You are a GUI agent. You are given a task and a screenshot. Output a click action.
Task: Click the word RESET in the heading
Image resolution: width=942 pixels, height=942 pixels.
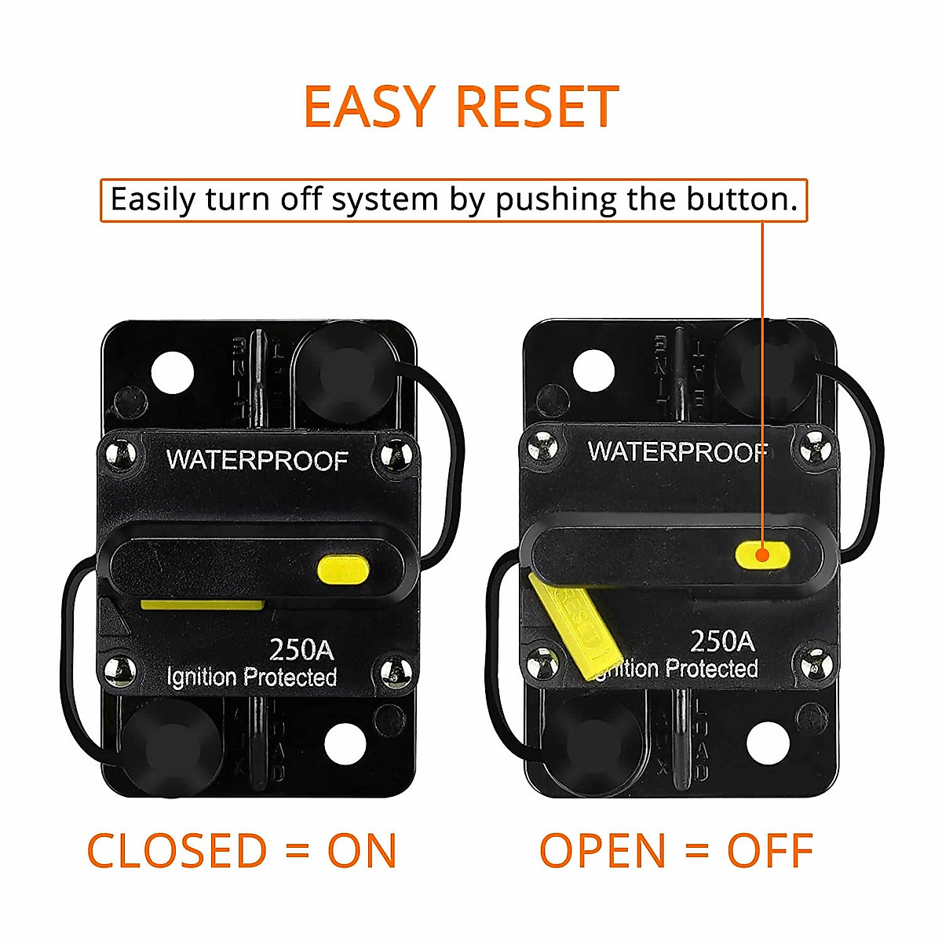coord(538,107)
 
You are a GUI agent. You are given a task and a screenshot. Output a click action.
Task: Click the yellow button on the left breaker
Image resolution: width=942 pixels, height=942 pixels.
coord(343,569)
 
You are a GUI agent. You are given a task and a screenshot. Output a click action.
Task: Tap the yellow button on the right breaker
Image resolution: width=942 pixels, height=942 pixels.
coord(761,554)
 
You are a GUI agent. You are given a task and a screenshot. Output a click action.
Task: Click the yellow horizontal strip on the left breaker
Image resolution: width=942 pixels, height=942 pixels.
coord(202,604)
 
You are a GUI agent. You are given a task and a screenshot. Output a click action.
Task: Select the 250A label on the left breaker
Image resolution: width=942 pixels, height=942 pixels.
coord(301,649)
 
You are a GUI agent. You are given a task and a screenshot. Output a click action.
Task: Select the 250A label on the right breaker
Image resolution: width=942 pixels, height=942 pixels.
coord(722,641)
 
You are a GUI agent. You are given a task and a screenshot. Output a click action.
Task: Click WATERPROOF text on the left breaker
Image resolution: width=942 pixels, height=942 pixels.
coord(257,460)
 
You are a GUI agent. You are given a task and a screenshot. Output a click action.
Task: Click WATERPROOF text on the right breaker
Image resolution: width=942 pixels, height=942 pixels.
coord(677,451)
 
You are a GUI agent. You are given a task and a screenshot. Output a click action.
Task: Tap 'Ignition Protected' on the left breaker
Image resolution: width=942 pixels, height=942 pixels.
coord(252,677)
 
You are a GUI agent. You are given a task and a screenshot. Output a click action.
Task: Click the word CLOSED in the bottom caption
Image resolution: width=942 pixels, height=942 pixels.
coord(177,851)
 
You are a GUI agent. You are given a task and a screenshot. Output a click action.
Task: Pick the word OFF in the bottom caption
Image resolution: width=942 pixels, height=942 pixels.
coord(769,851)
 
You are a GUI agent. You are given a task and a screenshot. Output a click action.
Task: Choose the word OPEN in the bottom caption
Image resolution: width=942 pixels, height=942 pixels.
coord(603,851)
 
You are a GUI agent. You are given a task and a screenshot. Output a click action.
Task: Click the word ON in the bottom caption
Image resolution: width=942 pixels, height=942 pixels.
coord(362,851)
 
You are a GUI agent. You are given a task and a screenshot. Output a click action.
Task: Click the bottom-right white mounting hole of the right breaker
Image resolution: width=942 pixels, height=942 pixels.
coord(767,743)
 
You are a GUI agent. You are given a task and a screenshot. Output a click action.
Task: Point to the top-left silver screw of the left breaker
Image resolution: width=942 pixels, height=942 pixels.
coord(119,455)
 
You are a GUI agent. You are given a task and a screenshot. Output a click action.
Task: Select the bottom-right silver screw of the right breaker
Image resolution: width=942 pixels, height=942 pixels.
coord(816,664)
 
